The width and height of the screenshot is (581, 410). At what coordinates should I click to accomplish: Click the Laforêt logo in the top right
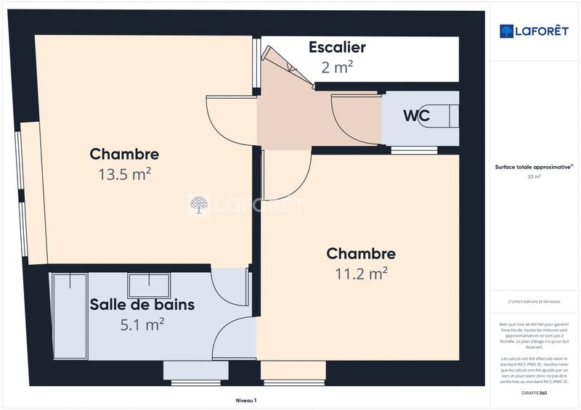pos(535,31)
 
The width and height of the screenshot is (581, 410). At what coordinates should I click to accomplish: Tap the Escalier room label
pos(337,48)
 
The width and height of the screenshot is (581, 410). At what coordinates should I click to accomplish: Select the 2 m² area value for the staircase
pos(337,67)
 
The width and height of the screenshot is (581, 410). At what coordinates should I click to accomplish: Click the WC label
pos(416,116)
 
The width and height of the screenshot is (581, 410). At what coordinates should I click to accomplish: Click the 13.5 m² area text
pos(124,174)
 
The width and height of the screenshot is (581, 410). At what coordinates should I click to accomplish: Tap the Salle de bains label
pos(142,305)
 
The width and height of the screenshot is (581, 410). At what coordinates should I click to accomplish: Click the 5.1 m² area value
pos(142,324)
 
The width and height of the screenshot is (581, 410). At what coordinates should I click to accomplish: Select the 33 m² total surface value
pos(535,176)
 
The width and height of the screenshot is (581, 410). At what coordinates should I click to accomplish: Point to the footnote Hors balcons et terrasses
pos(535,301)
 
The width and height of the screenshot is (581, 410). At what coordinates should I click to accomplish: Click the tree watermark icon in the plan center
pos(198,205)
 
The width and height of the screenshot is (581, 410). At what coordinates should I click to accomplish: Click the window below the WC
pos(414,150)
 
